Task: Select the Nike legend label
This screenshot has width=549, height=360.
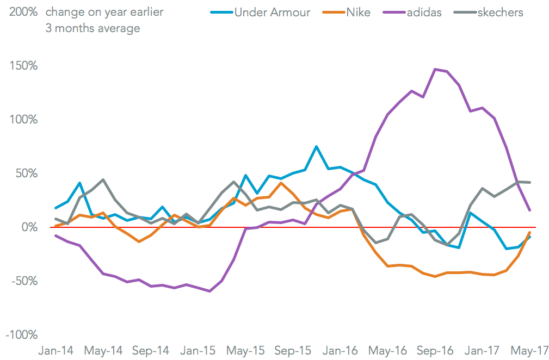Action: (358, 12)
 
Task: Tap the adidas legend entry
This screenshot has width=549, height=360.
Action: (425, 12)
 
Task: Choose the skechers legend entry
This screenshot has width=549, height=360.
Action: (500, 12)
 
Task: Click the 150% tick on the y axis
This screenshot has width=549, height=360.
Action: (23, 66)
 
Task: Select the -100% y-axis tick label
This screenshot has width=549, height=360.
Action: (21, 335)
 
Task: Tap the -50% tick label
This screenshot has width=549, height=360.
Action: (23, 281)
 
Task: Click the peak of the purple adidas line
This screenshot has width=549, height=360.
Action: (435, 69)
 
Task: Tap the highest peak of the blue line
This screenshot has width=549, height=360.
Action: (316, 147)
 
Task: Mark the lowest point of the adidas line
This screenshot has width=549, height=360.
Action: (209, 291)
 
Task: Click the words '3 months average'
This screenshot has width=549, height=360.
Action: (92, 28)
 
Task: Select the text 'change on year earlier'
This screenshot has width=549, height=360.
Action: (104, 12)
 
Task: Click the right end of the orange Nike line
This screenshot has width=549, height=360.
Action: (530, 232)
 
